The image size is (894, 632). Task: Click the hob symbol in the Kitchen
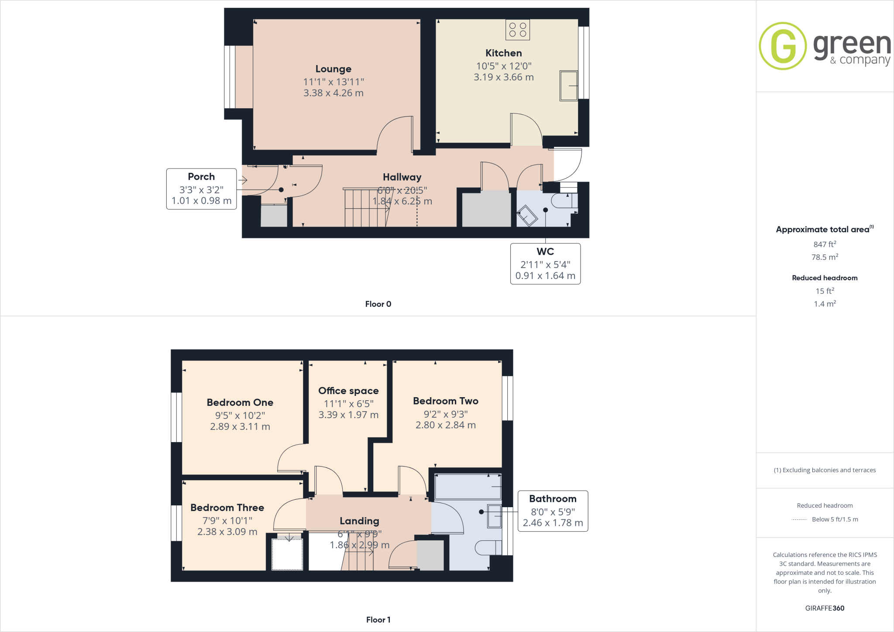point(518,30)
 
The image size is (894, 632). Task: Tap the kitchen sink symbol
point(569,86)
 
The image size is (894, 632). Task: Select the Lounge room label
point(334,69)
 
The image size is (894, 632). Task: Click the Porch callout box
point(201,189)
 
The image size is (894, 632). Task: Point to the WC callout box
point(545,264)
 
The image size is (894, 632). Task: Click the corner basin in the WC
point(527,215)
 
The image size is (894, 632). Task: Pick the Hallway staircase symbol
point(366,208)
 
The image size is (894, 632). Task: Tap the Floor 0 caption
point(378,304)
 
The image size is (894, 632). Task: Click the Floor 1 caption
point(378,620)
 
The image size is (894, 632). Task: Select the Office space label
point(348,391)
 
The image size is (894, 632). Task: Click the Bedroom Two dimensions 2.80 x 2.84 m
point(446,425)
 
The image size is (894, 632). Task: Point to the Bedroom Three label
point(227,508)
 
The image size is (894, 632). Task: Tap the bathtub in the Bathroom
point(468,486)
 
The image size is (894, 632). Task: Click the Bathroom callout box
point(553,511)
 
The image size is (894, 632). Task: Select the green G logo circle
point(783,46)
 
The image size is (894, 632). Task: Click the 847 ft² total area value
point(825,244)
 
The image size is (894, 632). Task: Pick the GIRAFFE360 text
point(825,608)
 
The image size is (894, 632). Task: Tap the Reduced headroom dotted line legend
point(799,519)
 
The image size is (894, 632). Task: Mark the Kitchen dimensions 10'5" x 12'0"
point(504,66)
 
